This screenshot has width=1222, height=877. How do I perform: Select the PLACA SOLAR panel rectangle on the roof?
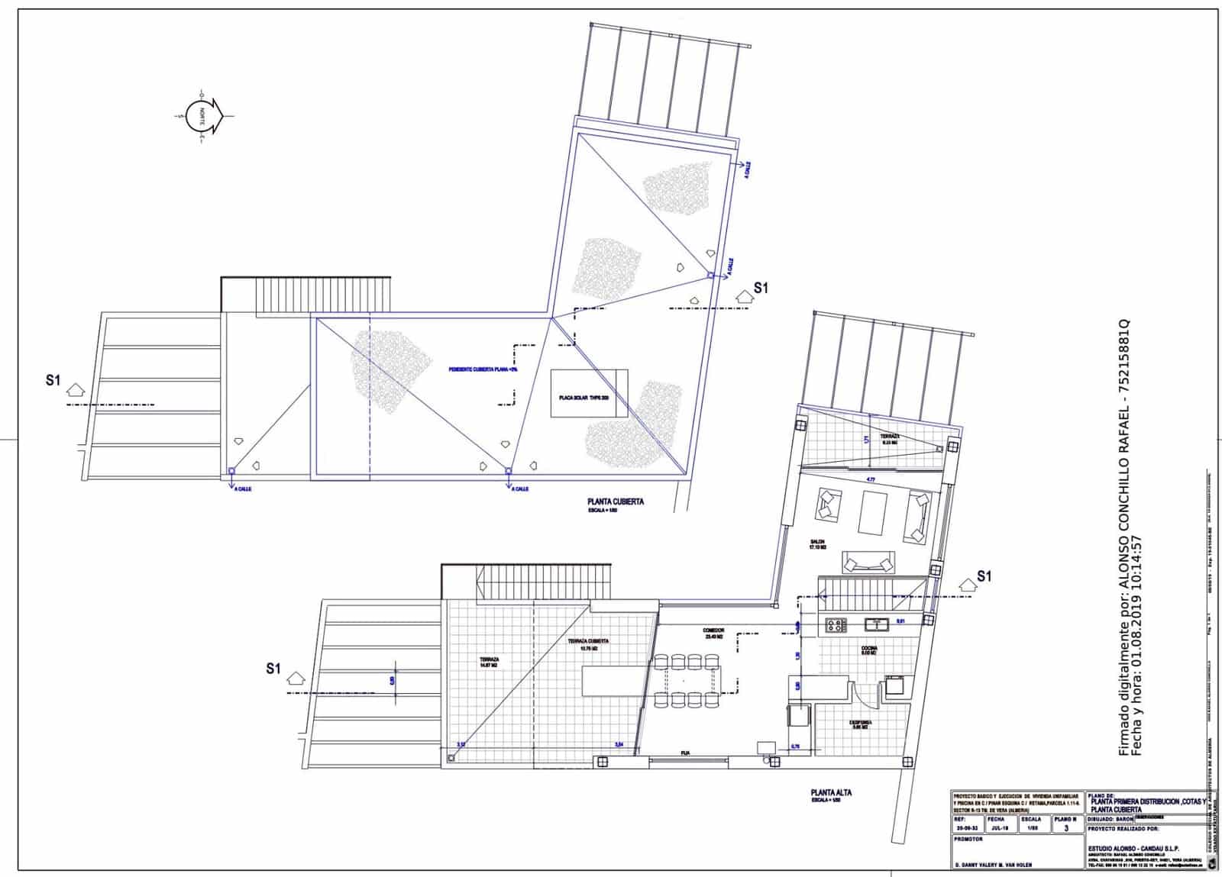589,393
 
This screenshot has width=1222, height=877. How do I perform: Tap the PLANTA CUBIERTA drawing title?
615,502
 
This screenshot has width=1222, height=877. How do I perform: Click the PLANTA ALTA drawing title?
831,793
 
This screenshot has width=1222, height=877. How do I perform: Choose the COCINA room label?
869,649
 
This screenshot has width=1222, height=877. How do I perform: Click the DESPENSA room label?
861,722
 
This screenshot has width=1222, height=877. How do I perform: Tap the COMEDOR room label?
714,631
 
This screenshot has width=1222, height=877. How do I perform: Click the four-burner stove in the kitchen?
835,625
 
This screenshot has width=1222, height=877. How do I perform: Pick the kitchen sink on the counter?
878,624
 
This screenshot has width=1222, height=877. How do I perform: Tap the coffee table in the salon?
872,511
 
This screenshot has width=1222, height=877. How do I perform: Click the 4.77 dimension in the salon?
870,479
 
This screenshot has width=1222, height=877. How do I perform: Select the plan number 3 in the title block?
1065,826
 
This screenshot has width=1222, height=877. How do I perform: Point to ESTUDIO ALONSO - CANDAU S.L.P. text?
1126,849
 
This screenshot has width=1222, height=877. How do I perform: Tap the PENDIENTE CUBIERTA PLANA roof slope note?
483,369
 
